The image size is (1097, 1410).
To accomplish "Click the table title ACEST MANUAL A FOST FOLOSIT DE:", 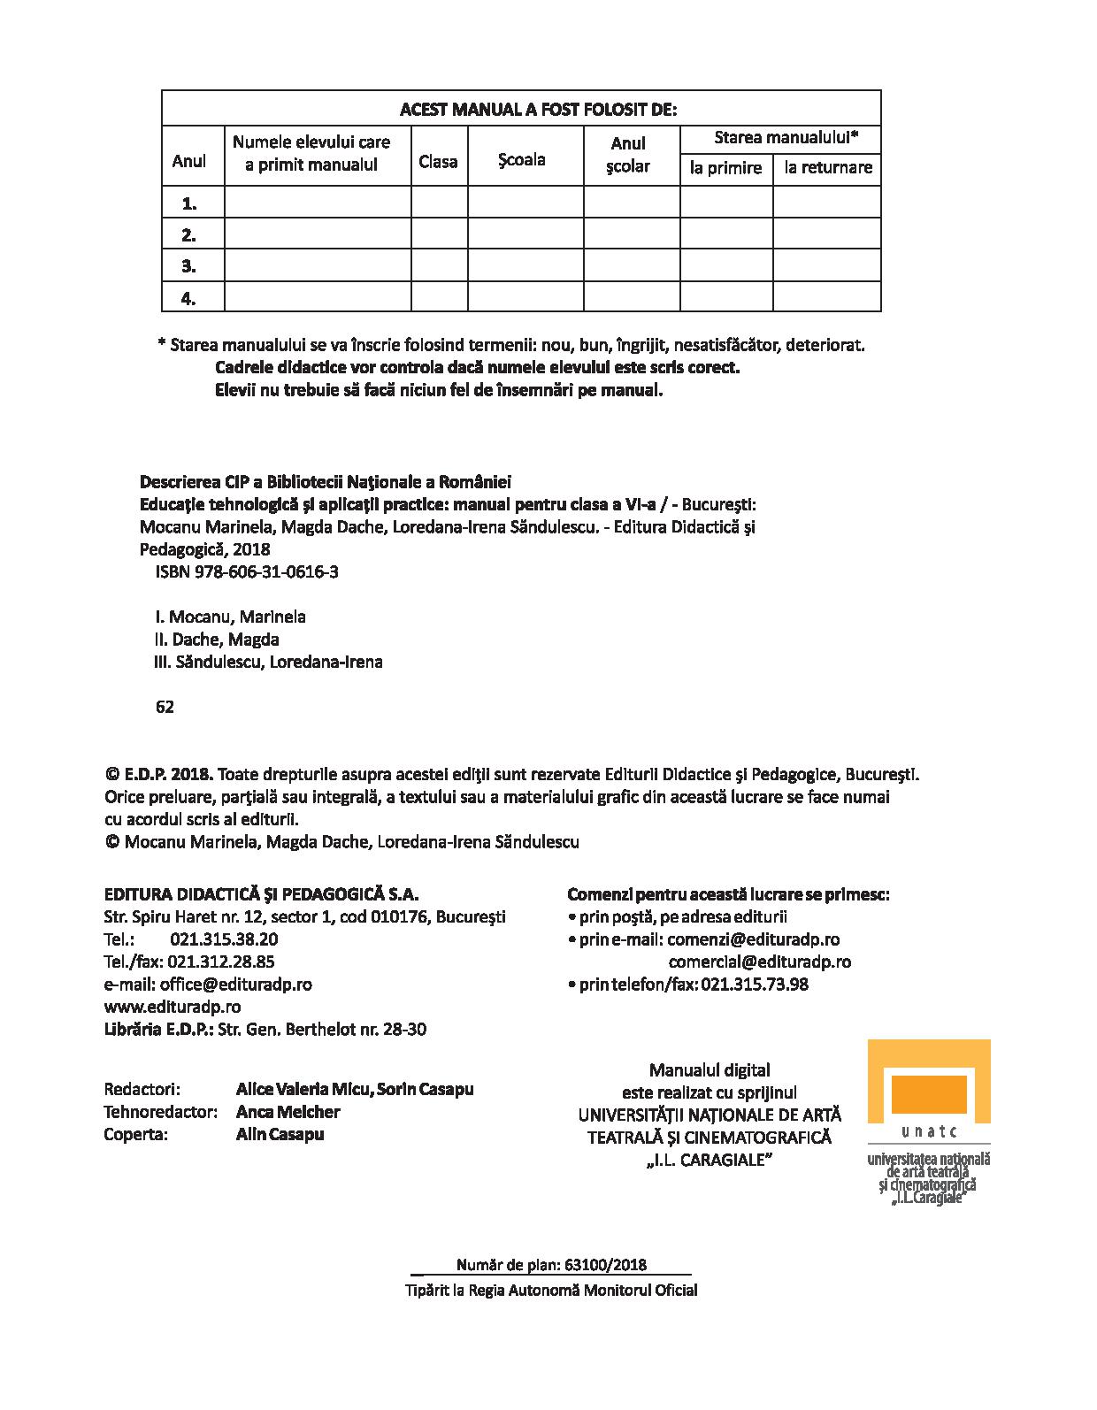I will pos(538,110).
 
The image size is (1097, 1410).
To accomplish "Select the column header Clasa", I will pos(438,162).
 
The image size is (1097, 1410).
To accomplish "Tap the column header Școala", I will pos(521,160).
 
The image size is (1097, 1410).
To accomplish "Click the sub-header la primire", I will pos(725,168).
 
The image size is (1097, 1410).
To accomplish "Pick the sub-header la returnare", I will pos(828,168).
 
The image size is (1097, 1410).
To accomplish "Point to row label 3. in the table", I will pos(188,266).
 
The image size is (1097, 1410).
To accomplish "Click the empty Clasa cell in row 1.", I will pos(439,203).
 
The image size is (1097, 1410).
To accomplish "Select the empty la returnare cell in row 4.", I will pos(827,297).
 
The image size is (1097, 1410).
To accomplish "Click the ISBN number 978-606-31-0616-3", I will pos(273,571).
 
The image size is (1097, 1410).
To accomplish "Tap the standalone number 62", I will pos(165,707).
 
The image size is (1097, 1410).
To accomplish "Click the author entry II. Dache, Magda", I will pos(217,640).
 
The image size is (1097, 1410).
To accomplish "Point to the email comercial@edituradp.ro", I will pos(760,962).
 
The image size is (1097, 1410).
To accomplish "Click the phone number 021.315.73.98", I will pos(754,985).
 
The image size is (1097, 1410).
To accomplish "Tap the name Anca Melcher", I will pos(288,1112).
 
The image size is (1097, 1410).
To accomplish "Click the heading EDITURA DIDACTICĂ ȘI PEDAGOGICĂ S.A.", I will pos(261,894).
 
